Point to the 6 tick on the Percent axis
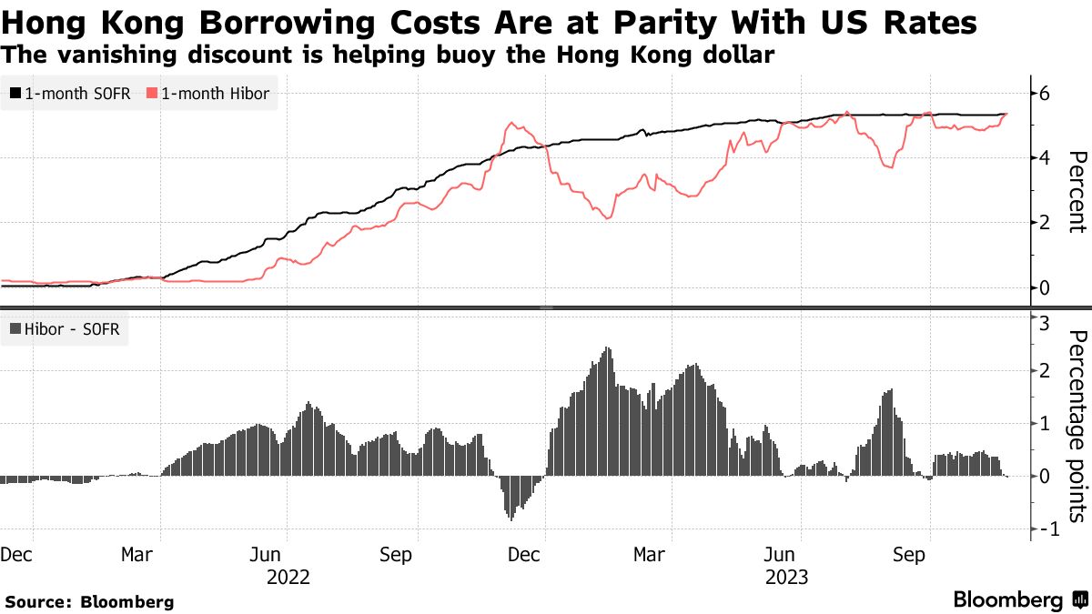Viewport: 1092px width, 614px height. [x=1046, y=93]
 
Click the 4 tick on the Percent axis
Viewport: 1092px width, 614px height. [x=1046, y=157]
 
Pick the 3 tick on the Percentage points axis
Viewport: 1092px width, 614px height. [x=1046, y=322]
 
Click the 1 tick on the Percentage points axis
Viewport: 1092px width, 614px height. [x=1046, y=425]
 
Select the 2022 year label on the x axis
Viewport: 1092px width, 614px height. [x=288, y=577]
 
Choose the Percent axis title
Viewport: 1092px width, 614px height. [x=1077, y=191]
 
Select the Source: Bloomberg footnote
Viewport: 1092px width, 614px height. [x=89, y=601]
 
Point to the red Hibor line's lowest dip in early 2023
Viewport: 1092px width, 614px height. [x=607, y=218]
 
